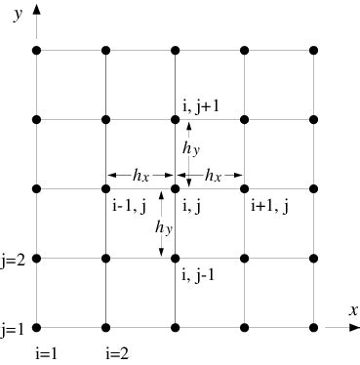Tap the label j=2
[x=14, y=259]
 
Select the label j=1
[x=14, y=328]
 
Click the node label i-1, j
[x=128, y=205]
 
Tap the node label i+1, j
[x=268, y=205]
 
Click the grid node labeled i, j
[x=176, y=188]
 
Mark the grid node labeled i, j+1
[x=176, y=119]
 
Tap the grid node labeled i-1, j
[x=105, y=188]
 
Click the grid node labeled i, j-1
[x=176, y=259]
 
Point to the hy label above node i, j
[x=191, y=148]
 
